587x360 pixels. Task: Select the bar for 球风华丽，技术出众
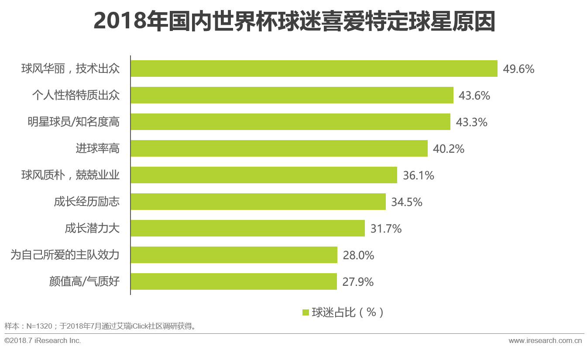click(314, 69)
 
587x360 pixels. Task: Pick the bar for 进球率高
click(279, 148)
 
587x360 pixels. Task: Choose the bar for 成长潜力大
click(247, 228)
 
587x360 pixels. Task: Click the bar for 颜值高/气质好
click(233, 281)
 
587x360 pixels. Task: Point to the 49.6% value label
click(518, 69)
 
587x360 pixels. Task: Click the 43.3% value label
click(471, 122)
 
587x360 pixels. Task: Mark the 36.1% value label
click(418, 175)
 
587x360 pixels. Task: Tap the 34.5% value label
click(407, 202)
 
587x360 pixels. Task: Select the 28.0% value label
click(358, 255)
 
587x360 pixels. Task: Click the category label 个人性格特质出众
click(76, 95)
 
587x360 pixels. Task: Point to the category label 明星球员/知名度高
click(73, 122)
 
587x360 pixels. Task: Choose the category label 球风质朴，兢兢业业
click(70, 175)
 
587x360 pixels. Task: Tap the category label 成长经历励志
click(86, 202)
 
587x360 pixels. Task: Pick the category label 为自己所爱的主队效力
click(65, 255)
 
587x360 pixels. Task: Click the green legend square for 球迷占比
click(306, 312)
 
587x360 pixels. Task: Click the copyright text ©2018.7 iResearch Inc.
click(43, 340)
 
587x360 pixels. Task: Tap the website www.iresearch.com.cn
click(545, 340)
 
